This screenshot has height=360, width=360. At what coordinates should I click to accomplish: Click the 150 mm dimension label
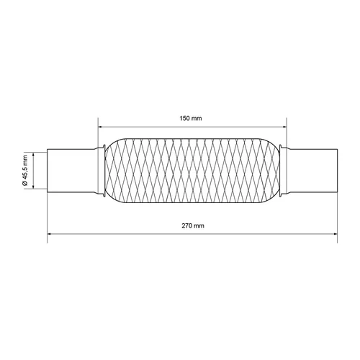point(191,118)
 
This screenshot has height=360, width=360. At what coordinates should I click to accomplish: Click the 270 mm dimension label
point(193,225)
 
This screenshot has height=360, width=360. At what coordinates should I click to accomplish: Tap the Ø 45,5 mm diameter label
point(25,170)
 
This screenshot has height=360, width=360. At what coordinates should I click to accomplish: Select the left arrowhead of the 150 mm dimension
point(101,127)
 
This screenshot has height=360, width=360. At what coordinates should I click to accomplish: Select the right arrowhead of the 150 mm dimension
point(284,127)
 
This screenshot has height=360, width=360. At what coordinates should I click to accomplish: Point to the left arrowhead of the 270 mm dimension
point(50,234)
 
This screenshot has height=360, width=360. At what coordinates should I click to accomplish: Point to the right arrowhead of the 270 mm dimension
point(334,234)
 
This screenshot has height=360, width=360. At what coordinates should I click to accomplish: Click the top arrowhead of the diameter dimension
point(33,155)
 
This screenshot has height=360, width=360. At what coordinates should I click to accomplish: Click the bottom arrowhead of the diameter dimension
point(33,186)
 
